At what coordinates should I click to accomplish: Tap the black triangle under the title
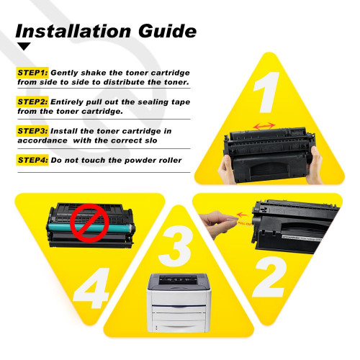[24, 47]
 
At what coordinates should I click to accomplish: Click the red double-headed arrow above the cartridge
[266, 126]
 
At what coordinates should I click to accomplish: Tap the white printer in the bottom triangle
[179, 299]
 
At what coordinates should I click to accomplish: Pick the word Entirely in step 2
[70, 102]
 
